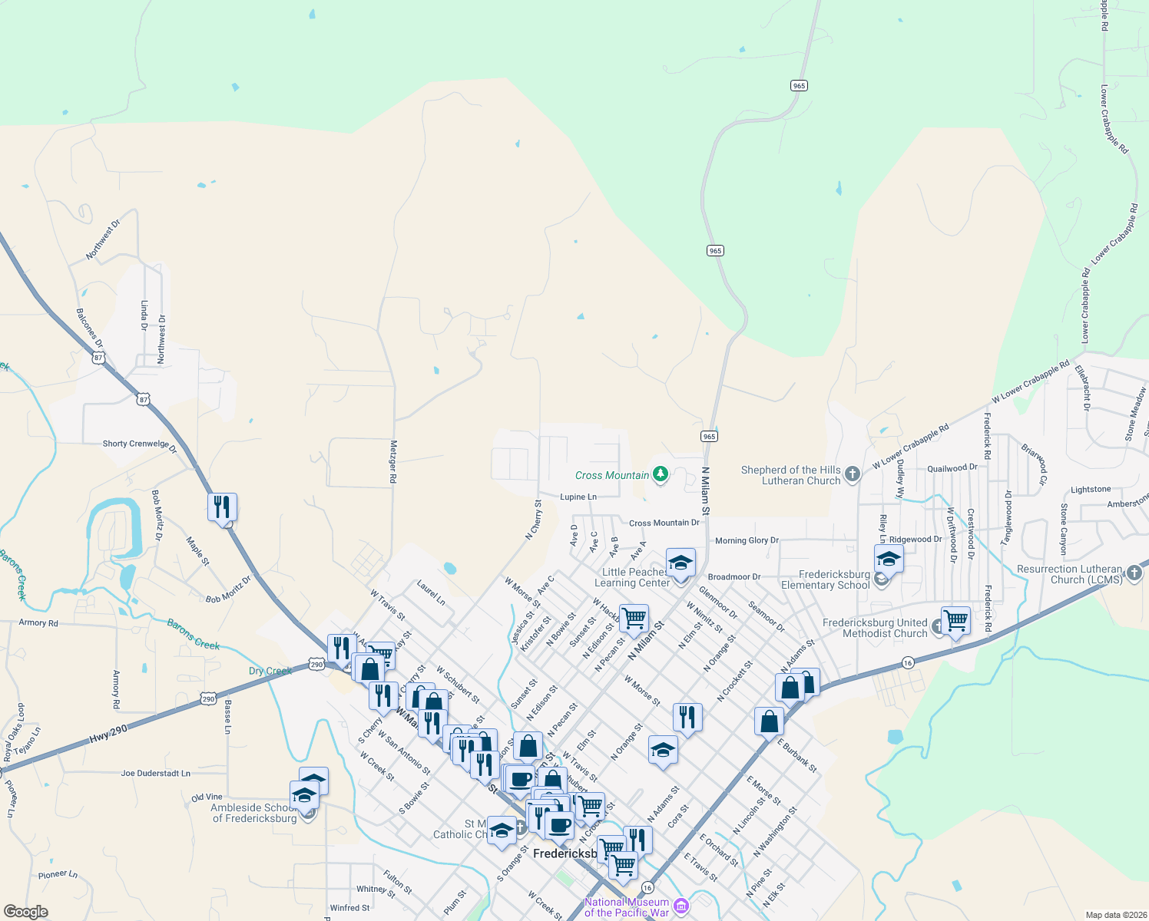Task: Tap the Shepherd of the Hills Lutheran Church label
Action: pos(791,476)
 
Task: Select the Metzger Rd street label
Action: pos(393,460)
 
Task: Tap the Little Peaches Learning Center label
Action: pos(632,577)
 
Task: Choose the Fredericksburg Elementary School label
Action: pos(826,579)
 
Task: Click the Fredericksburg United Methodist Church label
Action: pos(875,628)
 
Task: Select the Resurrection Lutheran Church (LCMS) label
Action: pos(1070,574)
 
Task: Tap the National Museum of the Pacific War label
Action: pos(627,907)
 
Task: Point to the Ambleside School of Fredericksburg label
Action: pos(254,813)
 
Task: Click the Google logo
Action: pos(25,911)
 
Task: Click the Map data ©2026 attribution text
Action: pos(1113,915)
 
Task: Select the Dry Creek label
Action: pos(270,671)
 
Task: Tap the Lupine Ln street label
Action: pos(578,497)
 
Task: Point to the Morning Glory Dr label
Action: pos(747,541)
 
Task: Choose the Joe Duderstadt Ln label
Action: pos(155,774)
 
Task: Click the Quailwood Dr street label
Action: pos(952,468)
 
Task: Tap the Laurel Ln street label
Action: pos(431,593)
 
